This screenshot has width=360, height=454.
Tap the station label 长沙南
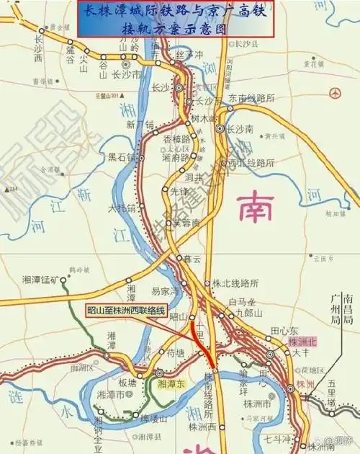pyautogui.click(x=240, y=130)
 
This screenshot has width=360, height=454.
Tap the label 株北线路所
pyautogui.click(x=236, y=284)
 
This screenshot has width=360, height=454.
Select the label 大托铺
pyautogui.click(x=121, y=209)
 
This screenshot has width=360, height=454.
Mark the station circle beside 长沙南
pyautogui.click(x=220, y=129)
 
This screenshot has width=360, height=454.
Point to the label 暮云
pyautogui.click(x=192, y=257)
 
